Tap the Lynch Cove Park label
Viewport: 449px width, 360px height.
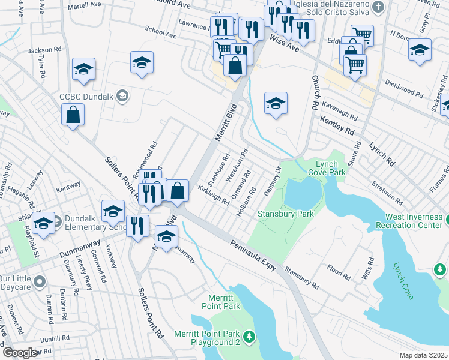pos(330,167)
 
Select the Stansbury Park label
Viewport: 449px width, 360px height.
pos(277,214)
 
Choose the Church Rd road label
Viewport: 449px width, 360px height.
pos(314,92)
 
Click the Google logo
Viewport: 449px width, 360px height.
pos(20,353)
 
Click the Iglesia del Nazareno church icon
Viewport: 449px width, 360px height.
pos(378,7)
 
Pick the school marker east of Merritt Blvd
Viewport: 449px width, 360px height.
pos(276,103)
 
